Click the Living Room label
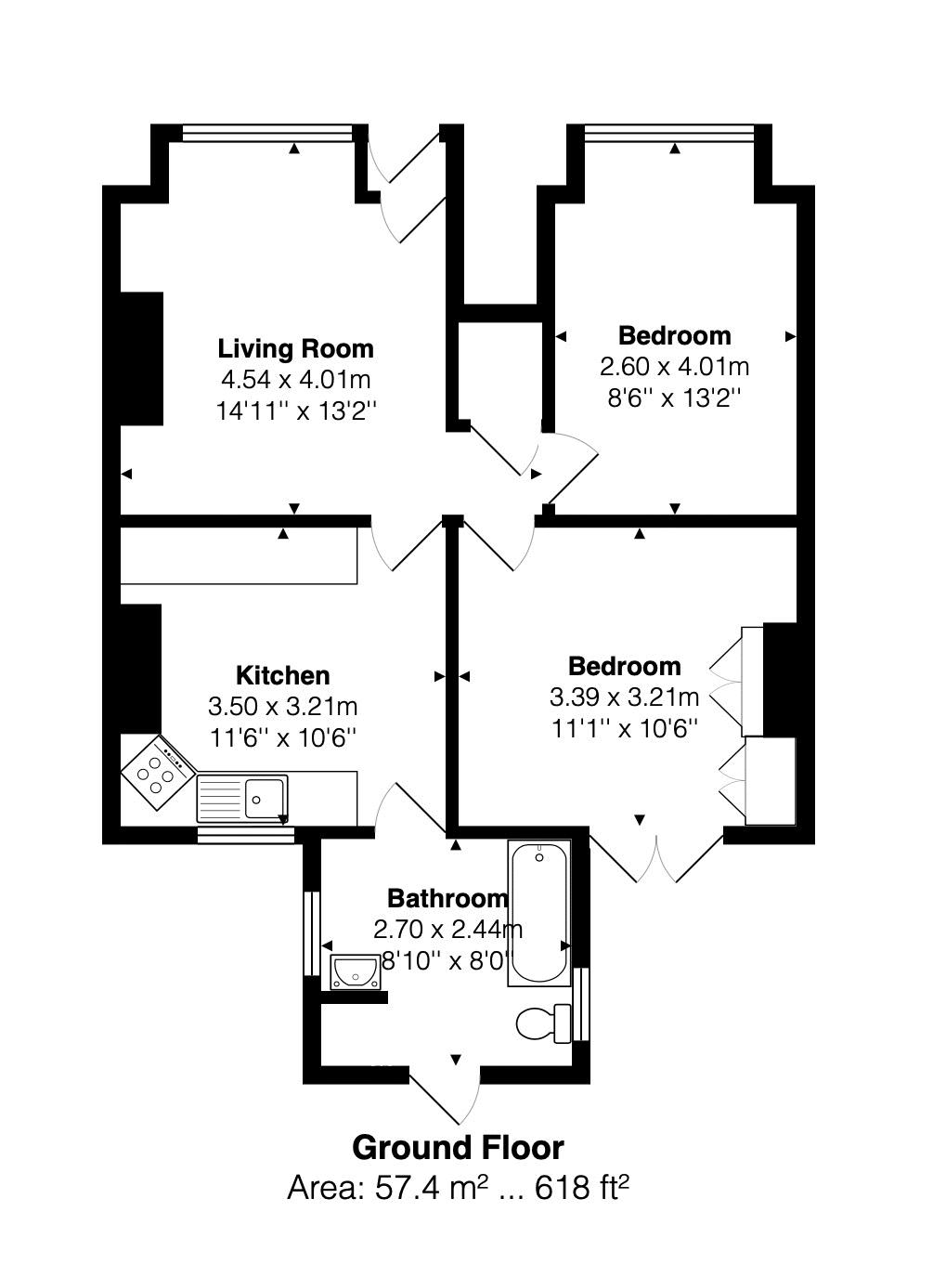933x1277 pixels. (295, 349)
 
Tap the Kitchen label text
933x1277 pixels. (283, 675)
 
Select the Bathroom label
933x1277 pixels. (447, 898)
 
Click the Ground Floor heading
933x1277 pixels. (459, 1148)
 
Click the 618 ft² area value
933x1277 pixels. (581, 1188)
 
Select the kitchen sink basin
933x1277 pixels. (264, 798)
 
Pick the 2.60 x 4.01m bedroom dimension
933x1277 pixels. (674, 367)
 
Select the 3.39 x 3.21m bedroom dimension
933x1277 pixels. (624, 697)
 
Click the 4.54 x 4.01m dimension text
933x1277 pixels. (295, 379)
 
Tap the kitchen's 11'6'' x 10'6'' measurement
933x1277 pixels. (283, 738)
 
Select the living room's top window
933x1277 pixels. (267, 133)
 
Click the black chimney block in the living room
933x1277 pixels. (141, 358)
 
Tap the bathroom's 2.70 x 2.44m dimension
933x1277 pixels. (447, 930)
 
